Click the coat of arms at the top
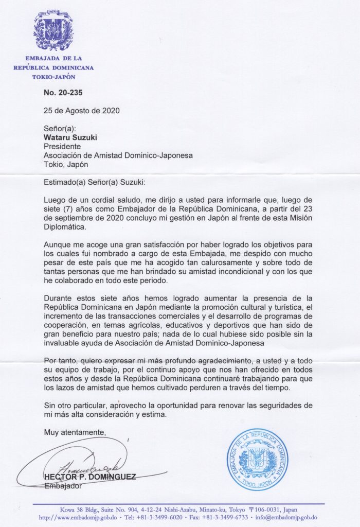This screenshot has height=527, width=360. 53,30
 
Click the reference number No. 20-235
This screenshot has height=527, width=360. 63,93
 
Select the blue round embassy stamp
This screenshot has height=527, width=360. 257,459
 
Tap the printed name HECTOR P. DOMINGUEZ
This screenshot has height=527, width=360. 90,477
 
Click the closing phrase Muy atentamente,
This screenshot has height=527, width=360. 75,431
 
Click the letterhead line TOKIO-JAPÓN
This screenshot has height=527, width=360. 53,77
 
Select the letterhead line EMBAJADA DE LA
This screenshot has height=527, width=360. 53,58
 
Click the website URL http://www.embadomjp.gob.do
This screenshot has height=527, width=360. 76,517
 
